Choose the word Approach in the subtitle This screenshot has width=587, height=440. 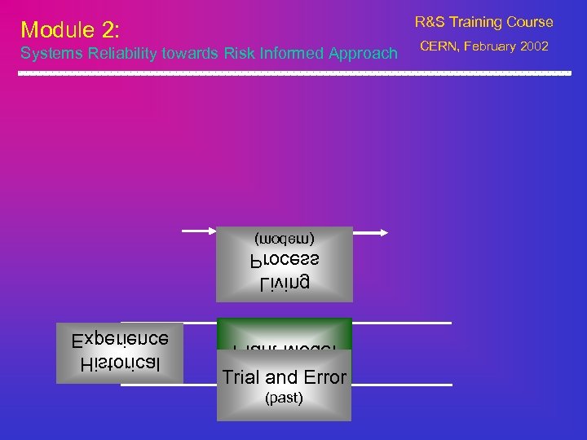tap(357, 55)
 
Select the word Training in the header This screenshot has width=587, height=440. tap(480, 22)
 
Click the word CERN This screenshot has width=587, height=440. tap(439, 46)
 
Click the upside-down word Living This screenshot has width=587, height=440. tap(284, 284)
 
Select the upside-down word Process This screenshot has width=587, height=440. tap(284, 261)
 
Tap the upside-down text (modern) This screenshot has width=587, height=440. tap(284, 239)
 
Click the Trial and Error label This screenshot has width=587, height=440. tap(284, 377)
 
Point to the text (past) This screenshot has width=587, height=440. tap(284, 398)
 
